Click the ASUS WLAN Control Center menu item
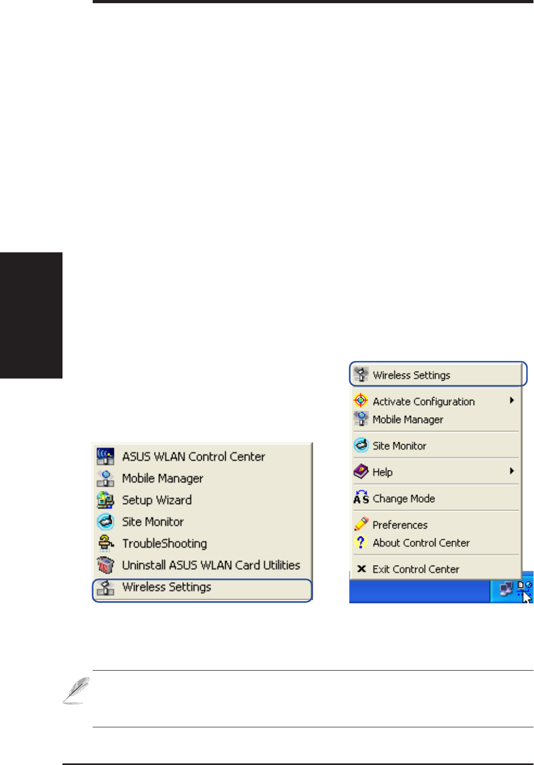pyautogui.click(x=193, y=456)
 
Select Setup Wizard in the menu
pyautogui.click(x=157, y=500)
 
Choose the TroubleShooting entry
pyautogui.click(x=164, y=543)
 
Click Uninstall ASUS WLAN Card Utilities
pyautogui.click(x=211, y=565)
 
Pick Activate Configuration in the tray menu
pyautogui.click(x=423, y=401)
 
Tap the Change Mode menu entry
pyautogui.click(x=404, y=498)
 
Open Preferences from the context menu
pyautogui.click(x=400, y=525)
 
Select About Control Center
pyautogui.click(x=421, y=543)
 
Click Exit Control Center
pyautogui.click(x=416, y=569)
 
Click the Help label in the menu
pyautogui.click(x=382, y=472)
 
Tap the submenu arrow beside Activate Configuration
pyautogui.click(x=512, y=400)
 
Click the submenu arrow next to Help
pyautogui.click(x=512, y=471)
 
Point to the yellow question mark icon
pyautogui.click(x=361, y=542)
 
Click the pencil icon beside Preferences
pyautogui.click(x=361, y=524)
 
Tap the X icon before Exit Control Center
pyautogui.click(x=361, y=569)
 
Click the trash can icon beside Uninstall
pyautogui.click(x=105, y=565)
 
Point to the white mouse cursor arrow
pyautogui.click(x=527, y=597)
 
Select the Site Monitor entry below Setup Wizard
pyautogui.click(x=153, y=522)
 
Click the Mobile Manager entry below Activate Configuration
pyautogui.click(x=408, y=419)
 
